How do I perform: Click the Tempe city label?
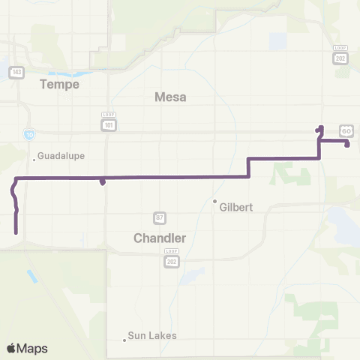61,85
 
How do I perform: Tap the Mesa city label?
169,97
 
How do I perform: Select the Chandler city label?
159,238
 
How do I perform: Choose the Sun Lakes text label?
152,335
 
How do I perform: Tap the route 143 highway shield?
16,72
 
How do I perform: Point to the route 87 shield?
160,217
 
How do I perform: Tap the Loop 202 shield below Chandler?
171,259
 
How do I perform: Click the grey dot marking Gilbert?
214,201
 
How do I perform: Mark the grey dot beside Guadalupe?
34,157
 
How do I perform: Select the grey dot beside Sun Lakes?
124,340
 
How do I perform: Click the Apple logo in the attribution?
11,348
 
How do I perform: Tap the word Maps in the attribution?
33,348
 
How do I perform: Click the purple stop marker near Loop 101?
102,181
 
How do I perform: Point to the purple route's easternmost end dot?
347,145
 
